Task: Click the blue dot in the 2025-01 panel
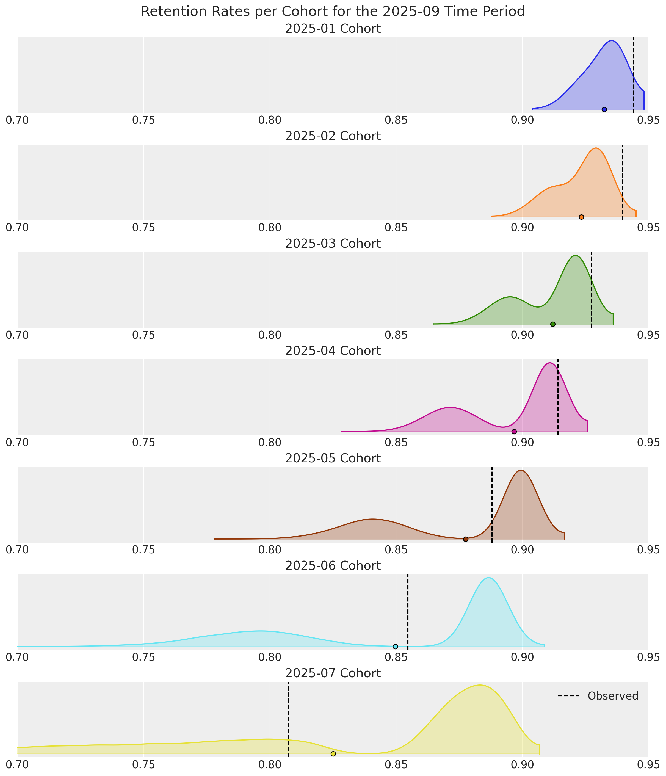point(604,109)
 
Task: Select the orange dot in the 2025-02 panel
point(581,217)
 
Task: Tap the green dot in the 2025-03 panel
point(553,324)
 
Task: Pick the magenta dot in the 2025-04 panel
point(514,432)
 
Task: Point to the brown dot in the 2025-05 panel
point(466,539)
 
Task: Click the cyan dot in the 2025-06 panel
point(395,647)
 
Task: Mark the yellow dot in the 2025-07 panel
point(333,753)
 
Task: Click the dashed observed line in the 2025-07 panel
point(288,712)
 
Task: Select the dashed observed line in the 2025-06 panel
point(408,607)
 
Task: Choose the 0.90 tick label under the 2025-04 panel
point(522,443)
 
